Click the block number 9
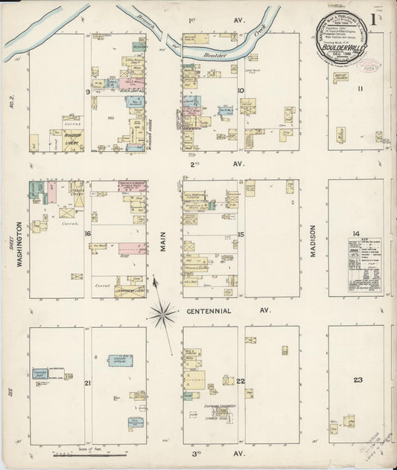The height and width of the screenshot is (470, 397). (88, 91)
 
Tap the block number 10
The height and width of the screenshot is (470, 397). (241, 91)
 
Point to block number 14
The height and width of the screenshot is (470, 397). (356, 234)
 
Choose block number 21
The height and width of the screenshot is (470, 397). (88, 383)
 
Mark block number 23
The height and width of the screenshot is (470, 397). (358, 380)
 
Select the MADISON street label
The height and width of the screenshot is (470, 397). (313, 241)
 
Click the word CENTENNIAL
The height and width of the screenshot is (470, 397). (209, 310)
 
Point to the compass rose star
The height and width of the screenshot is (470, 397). (162, 315)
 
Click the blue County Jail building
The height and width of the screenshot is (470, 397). (39, 374)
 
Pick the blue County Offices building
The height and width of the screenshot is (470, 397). (120, 361)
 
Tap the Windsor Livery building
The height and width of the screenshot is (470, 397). (73, 139)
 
